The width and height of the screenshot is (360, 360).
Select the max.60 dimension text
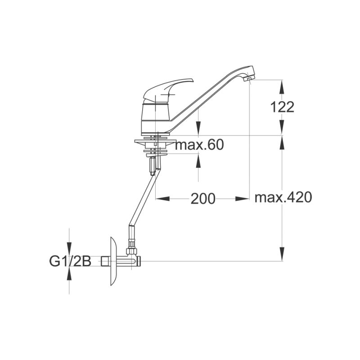[199, 145]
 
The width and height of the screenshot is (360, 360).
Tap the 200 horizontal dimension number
[202, 198]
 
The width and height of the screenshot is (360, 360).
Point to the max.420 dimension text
[283, 197]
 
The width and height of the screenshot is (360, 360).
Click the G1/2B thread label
[70, 261]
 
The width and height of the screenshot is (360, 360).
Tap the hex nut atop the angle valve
[132, 249]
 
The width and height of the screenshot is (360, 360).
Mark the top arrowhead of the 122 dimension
[282, 85]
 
